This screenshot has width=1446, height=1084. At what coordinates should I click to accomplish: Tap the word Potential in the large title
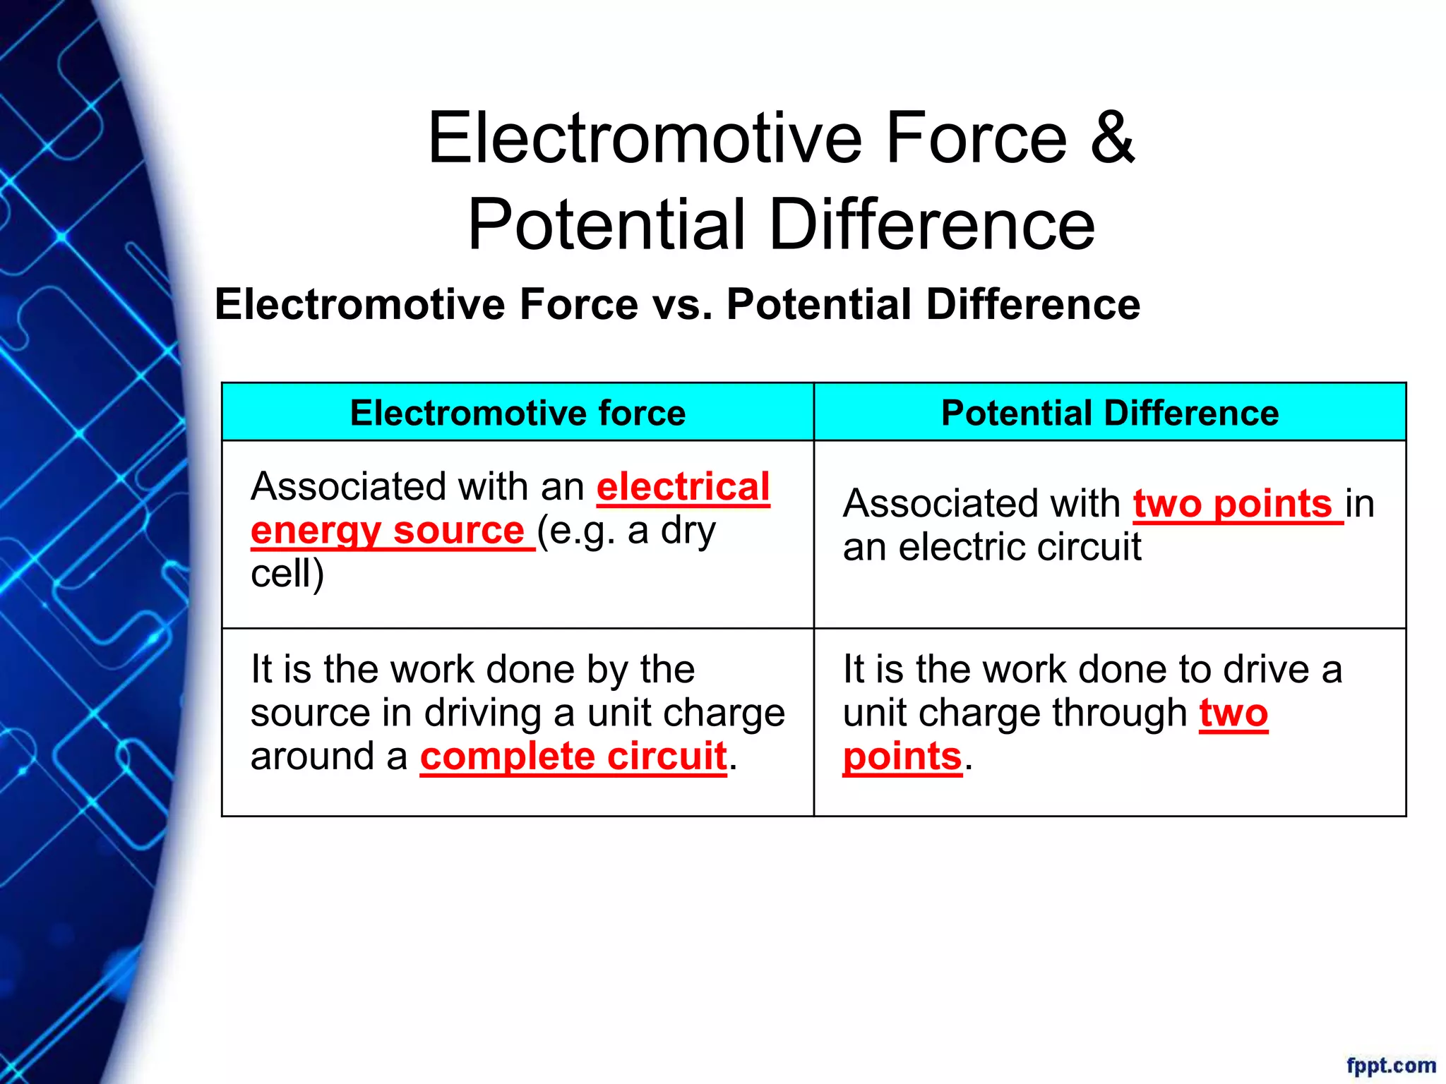click(607, 224)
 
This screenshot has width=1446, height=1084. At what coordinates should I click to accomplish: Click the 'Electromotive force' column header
click(518, 413)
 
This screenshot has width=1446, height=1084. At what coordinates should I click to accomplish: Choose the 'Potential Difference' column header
click(1109, 413)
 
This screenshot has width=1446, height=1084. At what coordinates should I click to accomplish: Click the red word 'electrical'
click(683, 487)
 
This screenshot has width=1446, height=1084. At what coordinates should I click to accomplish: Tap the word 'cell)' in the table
click(287, 573)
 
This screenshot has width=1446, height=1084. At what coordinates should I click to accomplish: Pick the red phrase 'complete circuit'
click(573, 757)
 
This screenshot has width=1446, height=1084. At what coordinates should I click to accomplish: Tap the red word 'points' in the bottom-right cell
click(902, 757)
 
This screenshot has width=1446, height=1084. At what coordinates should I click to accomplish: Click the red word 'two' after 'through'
click(1233, 713)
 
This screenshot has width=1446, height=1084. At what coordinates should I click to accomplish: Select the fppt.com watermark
click(1390, 1065)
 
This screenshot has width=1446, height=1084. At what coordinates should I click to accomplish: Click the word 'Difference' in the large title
click(931, 224)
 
